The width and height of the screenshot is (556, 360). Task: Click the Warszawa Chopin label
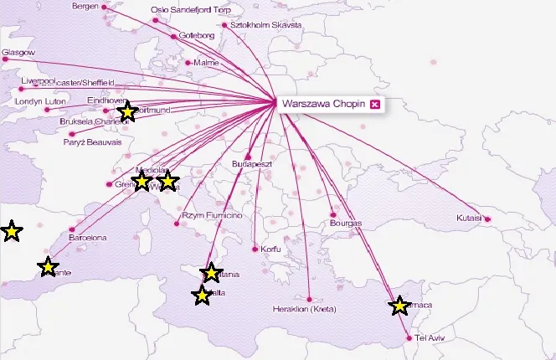click(x=323, y=104)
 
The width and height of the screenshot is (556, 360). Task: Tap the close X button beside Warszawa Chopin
click(x=375, y=104)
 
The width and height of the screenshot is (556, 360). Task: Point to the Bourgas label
click(x=346, y=224)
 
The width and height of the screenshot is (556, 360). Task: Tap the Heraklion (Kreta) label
click(x=304, y=310)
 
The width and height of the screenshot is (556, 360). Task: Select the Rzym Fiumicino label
click(x=213, y=215)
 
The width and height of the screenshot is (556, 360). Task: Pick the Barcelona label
click(x=88, y=238)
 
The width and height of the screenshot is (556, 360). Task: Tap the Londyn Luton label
click(x=40, y=101)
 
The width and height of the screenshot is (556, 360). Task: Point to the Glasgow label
click(x=18, y=52)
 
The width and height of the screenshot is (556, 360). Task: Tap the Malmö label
click(x=206, y=63)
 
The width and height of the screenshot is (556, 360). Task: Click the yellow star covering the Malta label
click(x=202, y=296)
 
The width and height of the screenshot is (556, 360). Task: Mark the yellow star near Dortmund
click(x=126, y=111)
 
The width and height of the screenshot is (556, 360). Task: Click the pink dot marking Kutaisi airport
click(x=487, y=219)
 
